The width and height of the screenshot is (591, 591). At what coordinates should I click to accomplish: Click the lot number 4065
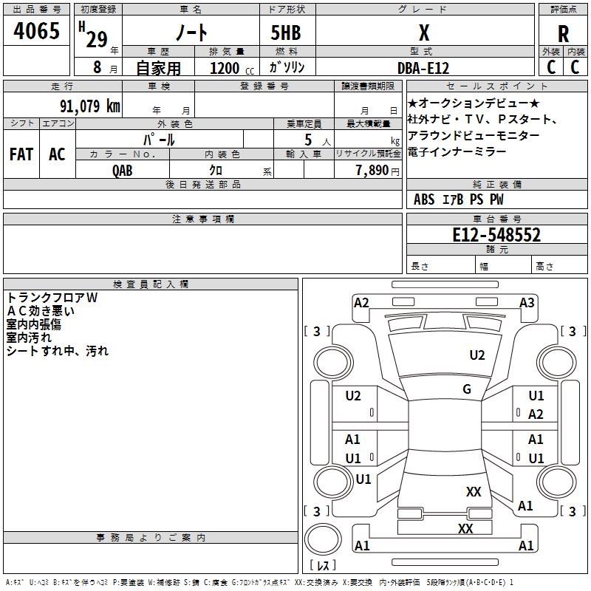pyautogui.click(x=37, y=30)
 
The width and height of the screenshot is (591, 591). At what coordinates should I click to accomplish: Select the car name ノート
pyautogui.click(x=190, y=33)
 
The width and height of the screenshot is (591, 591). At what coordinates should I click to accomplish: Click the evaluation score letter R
pyautogui.click(x=563, y=33)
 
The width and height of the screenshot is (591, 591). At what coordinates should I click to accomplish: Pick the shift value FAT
pyautogui.click(x=21, y=154)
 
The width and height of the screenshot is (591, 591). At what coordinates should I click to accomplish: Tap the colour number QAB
pyautogui.click(x=123, y=170)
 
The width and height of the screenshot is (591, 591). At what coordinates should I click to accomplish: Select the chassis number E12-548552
pyautogui.click(x=496, y=235)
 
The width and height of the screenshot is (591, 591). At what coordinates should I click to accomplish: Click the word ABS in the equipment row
pyautogui.click(x=424, y=199)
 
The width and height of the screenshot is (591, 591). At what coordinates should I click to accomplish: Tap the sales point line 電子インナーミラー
pyautogui.click(x=457, y=151)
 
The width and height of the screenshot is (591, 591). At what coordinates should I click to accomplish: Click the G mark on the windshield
pyautogui.click(x=467, y=389)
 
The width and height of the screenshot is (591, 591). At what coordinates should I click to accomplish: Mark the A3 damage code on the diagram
pyautogui.click(x=527, y=302)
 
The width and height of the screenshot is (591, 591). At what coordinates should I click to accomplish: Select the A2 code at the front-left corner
pyautogui.click(x=361, y=302)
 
